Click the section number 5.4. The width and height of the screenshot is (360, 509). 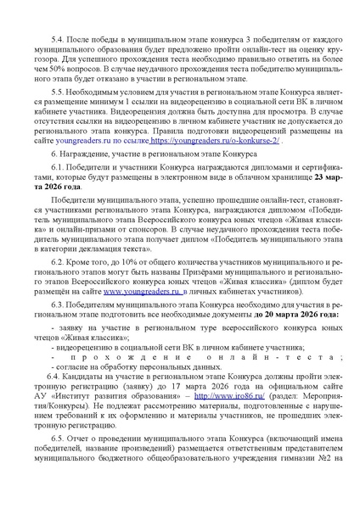58,40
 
